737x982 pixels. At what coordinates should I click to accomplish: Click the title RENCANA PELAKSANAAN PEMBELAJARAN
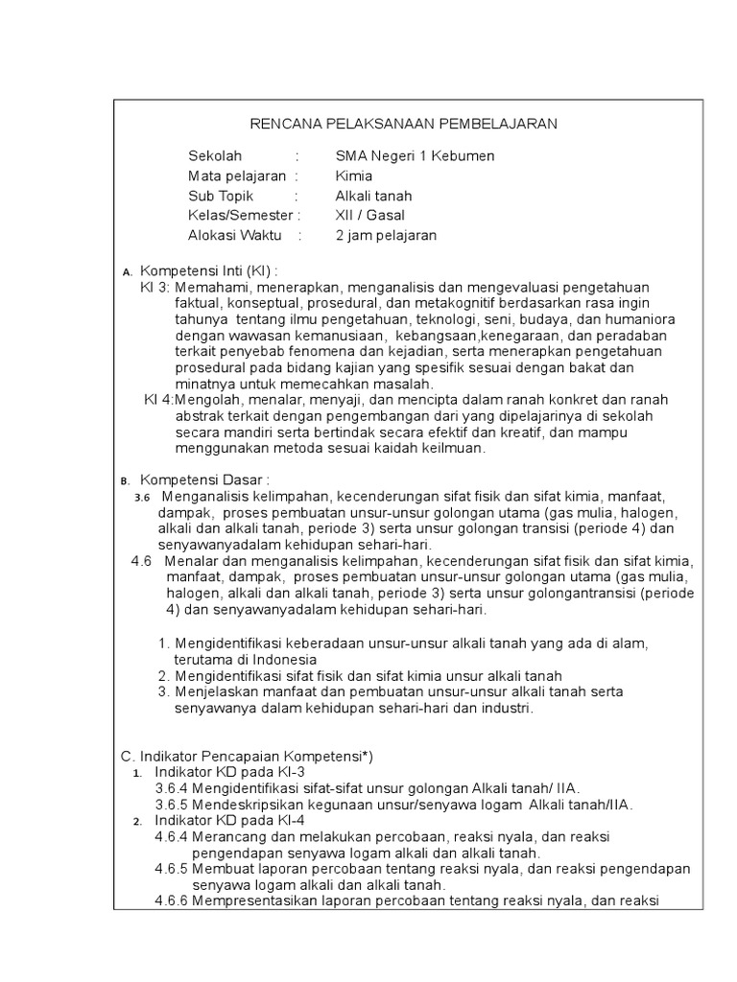[403, 124]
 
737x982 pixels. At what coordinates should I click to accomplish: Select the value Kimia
[354, 175]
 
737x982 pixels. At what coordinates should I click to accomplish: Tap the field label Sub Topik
[221, 196]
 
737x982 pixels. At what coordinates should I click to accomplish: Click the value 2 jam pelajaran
[386, 236]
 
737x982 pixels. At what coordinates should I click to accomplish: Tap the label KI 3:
[155, 287]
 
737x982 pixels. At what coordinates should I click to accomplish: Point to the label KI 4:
[159, 399]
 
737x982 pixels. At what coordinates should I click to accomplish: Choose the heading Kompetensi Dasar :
[205, 479]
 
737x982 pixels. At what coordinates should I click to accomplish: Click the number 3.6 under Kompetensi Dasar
[143, 497]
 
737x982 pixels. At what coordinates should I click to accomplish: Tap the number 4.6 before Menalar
[142, 561]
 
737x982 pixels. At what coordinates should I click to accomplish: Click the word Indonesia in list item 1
[286, 660]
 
